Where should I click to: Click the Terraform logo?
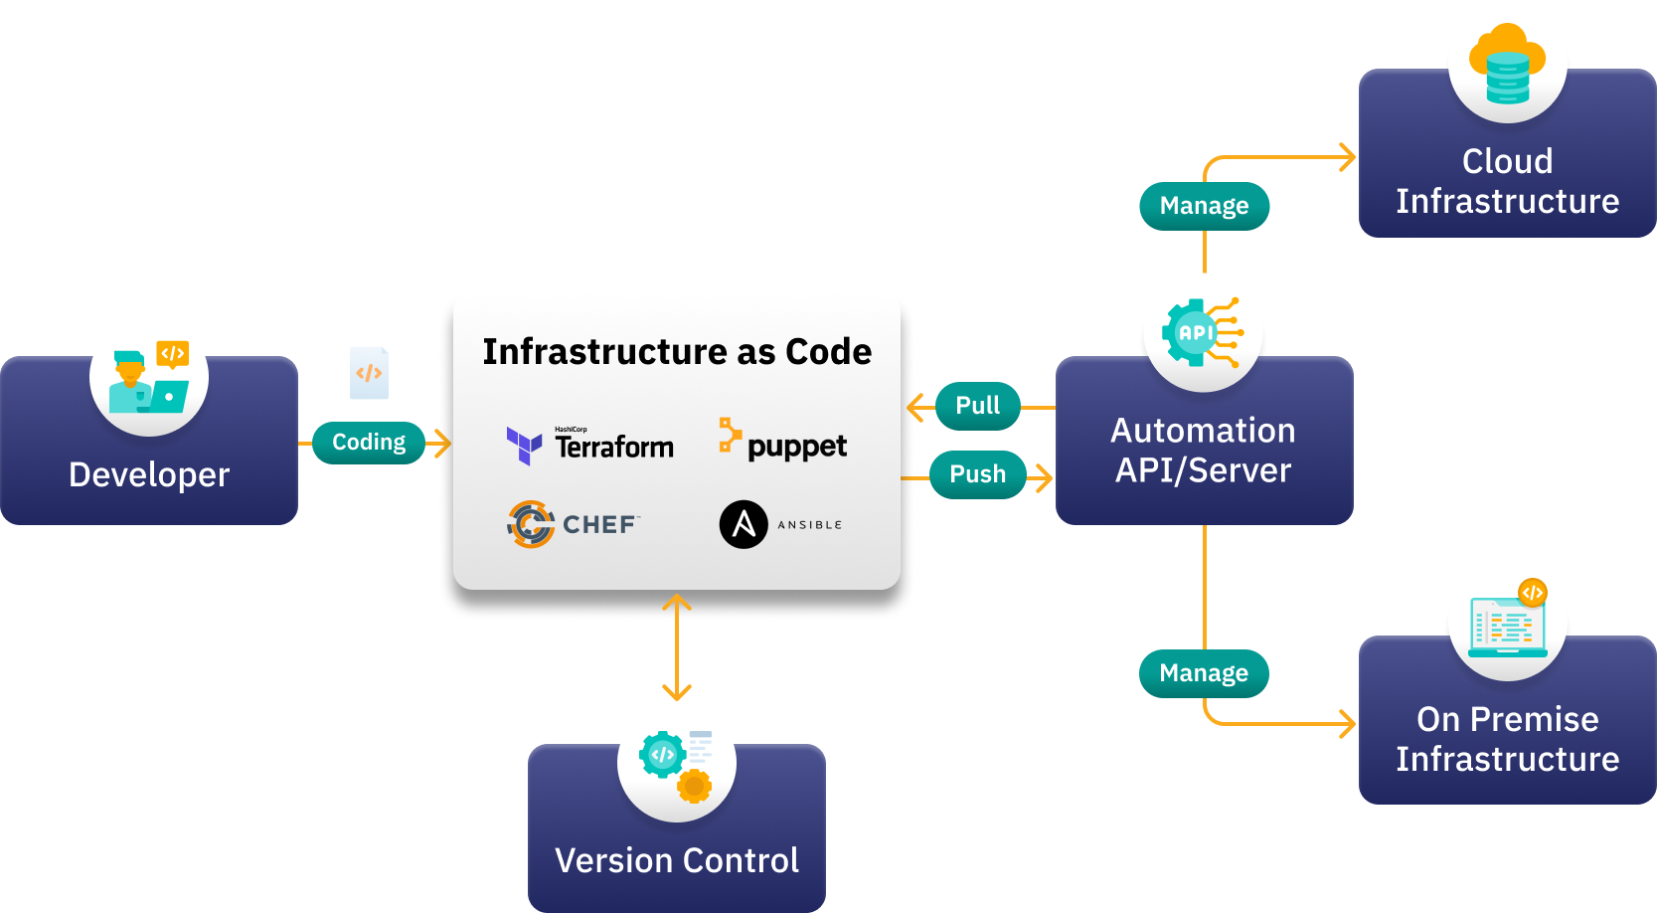tap(590, 446)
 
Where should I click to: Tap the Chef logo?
tap(574, 524)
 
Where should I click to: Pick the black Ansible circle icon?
tap(744, 524)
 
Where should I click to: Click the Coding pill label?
tap(369, 443)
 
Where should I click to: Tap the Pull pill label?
tap(978, 406)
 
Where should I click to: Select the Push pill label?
tap(978, 474)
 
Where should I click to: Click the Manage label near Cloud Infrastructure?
tap(1204, 206)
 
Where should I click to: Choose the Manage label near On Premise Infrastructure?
tap(1204, 673)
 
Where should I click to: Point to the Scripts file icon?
tap(369, 373)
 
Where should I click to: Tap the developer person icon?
tap(149, 377)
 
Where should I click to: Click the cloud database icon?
tap(1508, 65)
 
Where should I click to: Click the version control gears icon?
tap(677, 763)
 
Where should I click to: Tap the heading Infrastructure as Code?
tap(677, 352)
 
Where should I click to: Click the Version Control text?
tap(677, 860)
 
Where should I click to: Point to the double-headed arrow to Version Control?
tap(677, 646)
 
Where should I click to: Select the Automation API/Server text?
tap(1203, 451)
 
